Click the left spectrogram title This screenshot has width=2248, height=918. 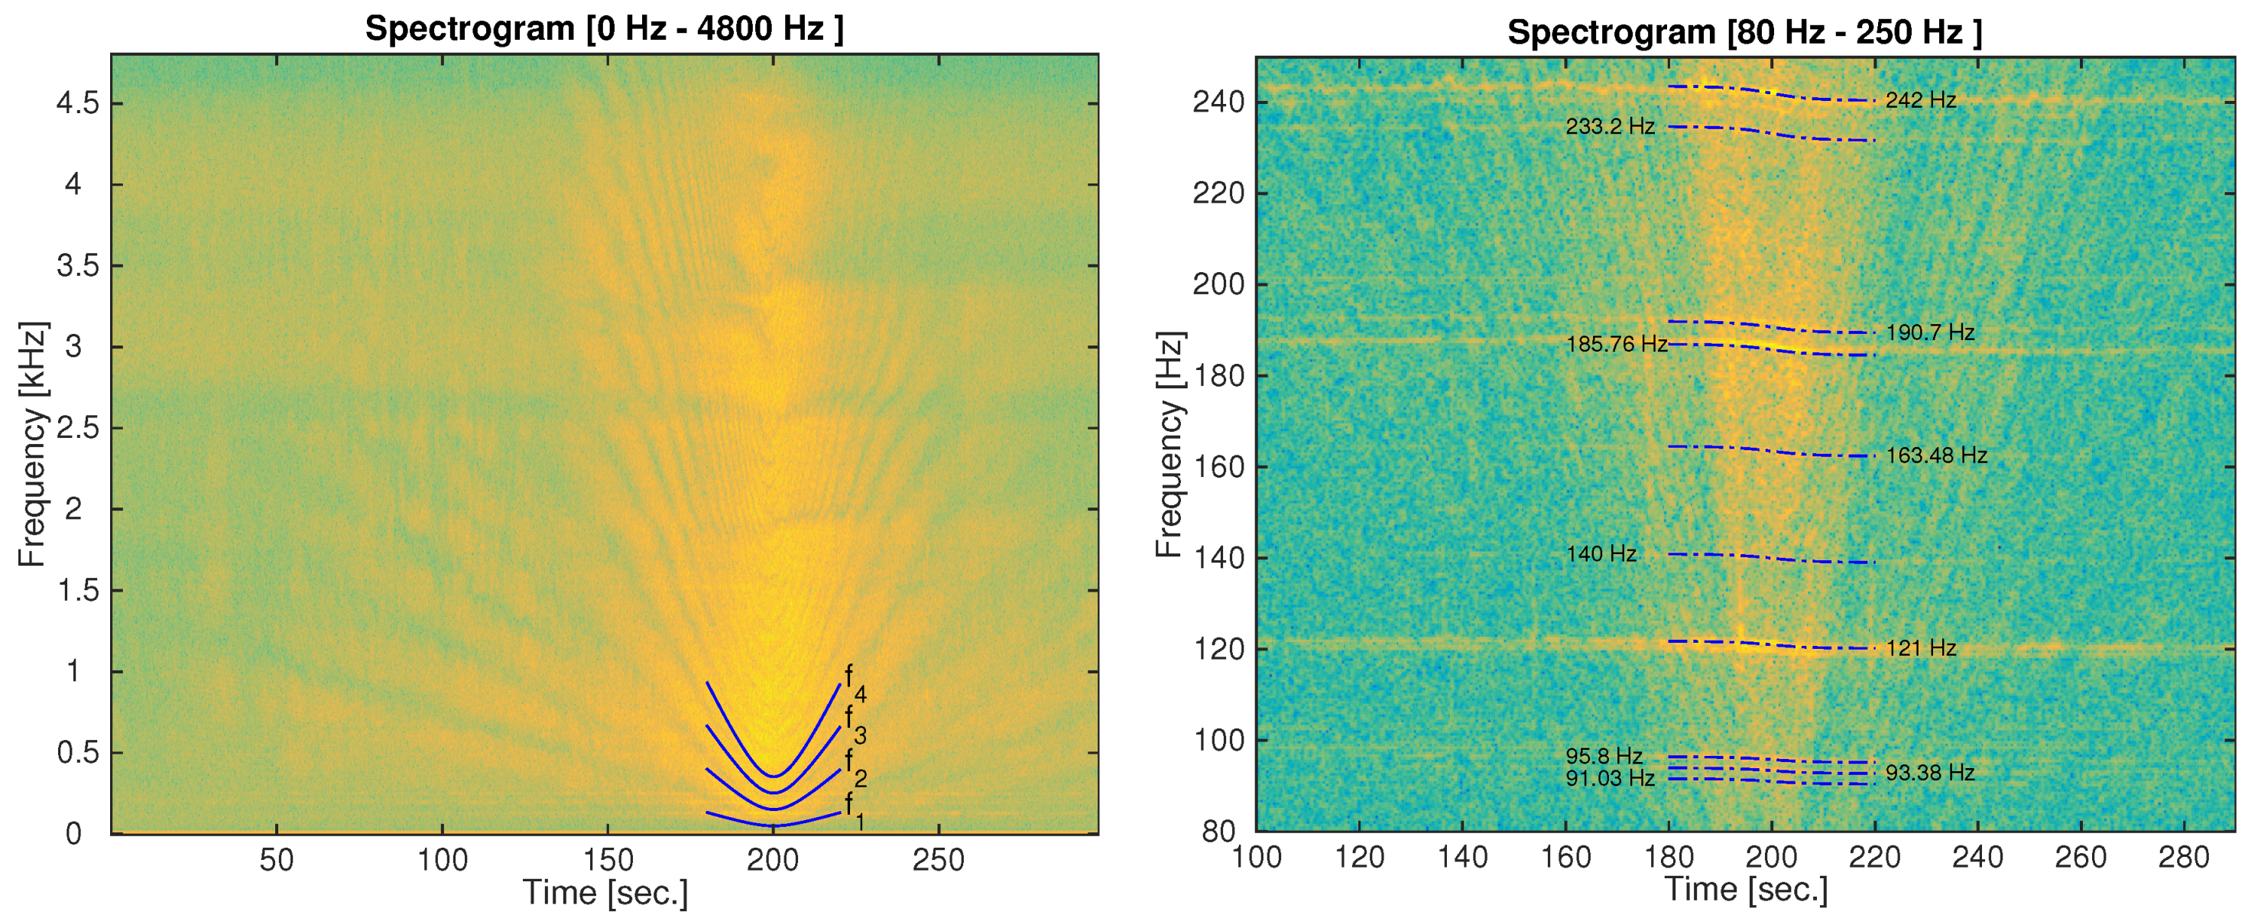coord(604,29)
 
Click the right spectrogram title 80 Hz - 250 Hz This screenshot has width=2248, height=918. coord(1744,32)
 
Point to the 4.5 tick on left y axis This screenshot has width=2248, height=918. coord(78,104)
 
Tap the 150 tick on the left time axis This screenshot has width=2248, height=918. coord(608,861)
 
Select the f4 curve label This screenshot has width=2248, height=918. coord(855,683)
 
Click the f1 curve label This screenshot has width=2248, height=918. coord(855,809)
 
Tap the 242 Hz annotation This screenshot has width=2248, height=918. coord(1920,99)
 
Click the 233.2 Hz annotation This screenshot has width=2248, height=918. coord(1609,127)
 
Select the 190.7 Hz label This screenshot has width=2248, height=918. coord(1929,332)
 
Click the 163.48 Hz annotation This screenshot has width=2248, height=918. coord(1935,456)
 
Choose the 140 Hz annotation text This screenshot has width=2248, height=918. coord(1601,554)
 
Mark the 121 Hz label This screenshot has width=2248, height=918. coord(1920,648)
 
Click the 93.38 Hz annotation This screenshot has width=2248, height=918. coord(1929,772)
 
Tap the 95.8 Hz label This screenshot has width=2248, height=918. coord(1603,756)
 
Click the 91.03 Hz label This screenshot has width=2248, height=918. coord(1609,777)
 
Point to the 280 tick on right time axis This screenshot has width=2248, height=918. coord(2184,858)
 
